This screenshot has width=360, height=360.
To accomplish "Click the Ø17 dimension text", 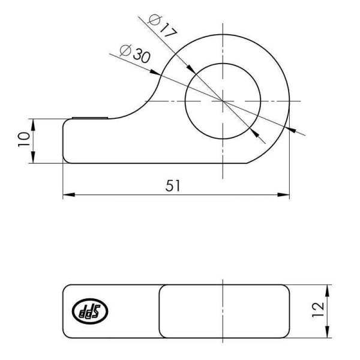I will click(x=162, y=27).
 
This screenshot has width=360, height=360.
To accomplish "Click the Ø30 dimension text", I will click(x=135, y=55).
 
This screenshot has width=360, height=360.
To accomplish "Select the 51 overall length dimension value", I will click(x=173, y=186).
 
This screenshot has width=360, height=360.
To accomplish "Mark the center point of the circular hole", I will click(x=223, y=101).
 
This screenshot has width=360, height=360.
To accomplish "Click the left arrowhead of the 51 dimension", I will click(x=68, y=195).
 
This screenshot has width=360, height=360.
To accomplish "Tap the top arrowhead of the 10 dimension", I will click(x=33, y=124).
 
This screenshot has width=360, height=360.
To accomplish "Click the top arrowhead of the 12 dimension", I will click(x=328, y=289).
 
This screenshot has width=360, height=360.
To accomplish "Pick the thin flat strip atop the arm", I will click(x=90, y=118).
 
